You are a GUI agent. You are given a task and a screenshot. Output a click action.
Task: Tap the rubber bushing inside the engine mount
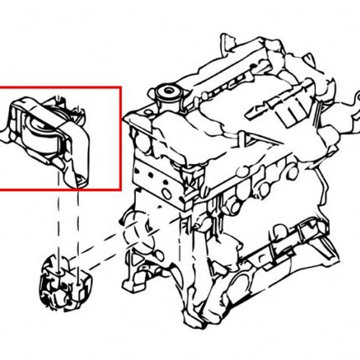(x=41, y=131)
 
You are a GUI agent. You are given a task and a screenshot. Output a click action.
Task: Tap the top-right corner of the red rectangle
(x=121, y=88)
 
